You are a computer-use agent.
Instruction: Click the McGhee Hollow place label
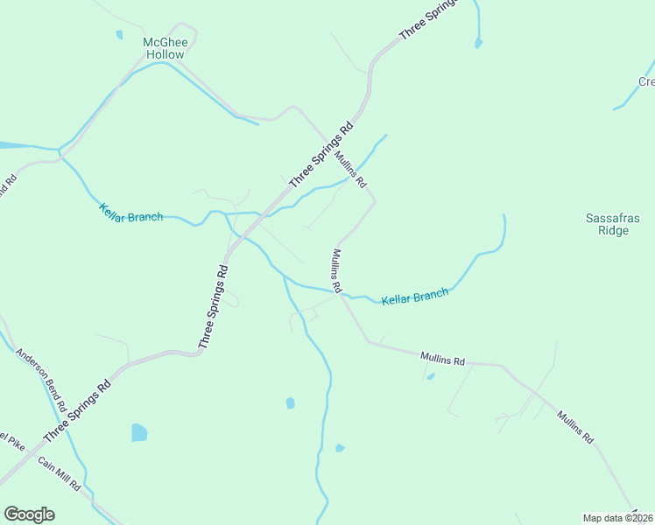pyautogui.click(x=165, y=48)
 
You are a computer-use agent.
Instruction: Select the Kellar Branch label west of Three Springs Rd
pyautogui.click(x=131, y=213)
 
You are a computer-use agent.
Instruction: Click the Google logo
pyautogui.click(x=29, y=514)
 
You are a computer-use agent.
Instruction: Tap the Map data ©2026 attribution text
pyautogui.click(x=618, y=517)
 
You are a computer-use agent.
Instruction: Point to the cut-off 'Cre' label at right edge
pyautogui.click(x=646, y=82)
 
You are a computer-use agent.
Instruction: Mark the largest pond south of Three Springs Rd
pyautogui.click(x=139, y=432)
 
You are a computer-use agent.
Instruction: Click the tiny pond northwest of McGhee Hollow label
pyautogui.click(x=119, y=35)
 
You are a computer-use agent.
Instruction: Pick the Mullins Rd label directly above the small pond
pyautogui.click(x=442, y=358)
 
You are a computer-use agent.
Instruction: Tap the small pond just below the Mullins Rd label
pyautogui.click(x=430, y=376)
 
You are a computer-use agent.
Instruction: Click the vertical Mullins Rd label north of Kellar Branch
pyautogui.click(x=336, y=270)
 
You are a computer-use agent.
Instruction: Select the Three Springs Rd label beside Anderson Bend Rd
pyautogui.click(x=77, y=410)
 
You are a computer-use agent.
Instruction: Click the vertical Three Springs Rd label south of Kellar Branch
pyautogui.click(x=213, y=307)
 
